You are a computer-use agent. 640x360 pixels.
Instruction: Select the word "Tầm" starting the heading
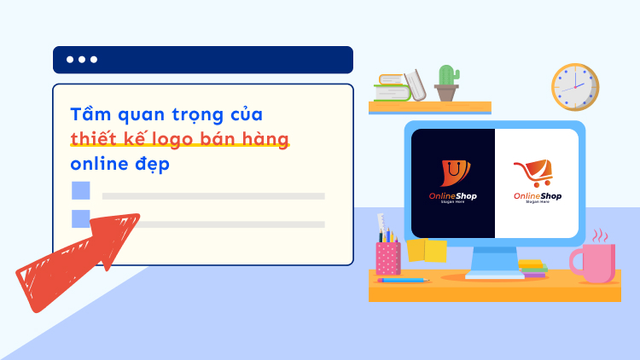point(89,114)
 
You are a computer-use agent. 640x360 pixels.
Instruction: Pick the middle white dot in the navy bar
point(82,60)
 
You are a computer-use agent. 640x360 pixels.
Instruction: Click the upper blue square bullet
point(80,190)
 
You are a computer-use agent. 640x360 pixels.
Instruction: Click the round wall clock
point(574,87)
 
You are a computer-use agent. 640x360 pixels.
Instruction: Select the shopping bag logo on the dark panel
point(453,173)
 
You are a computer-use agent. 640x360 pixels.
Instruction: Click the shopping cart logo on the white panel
point(537,173)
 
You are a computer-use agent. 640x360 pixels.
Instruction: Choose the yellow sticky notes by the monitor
point(427,250)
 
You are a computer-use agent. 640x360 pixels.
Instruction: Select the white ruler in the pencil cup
point(381,227)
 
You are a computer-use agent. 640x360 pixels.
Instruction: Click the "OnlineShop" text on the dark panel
point(453,196)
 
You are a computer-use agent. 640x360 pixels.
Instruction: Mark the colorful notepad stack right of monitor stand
point(532,269)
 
